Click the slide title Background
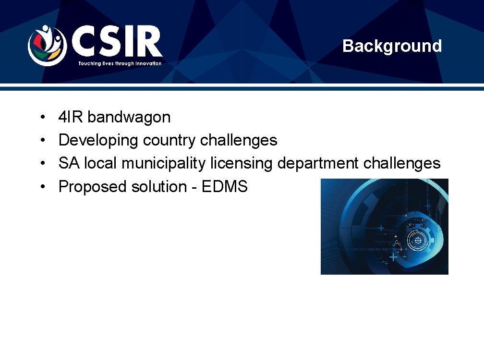tap(392, 46)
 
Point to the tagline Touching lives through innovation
tap(120, 63)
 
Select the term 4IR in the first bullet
tap(71, 117)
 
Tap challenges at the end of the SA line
tap(401, 163)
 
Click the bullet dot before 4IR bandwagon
tap(43, 118)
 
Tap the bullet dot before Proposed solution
tap(43, 187)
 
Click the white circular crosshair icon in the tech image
tap(417, 240)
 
